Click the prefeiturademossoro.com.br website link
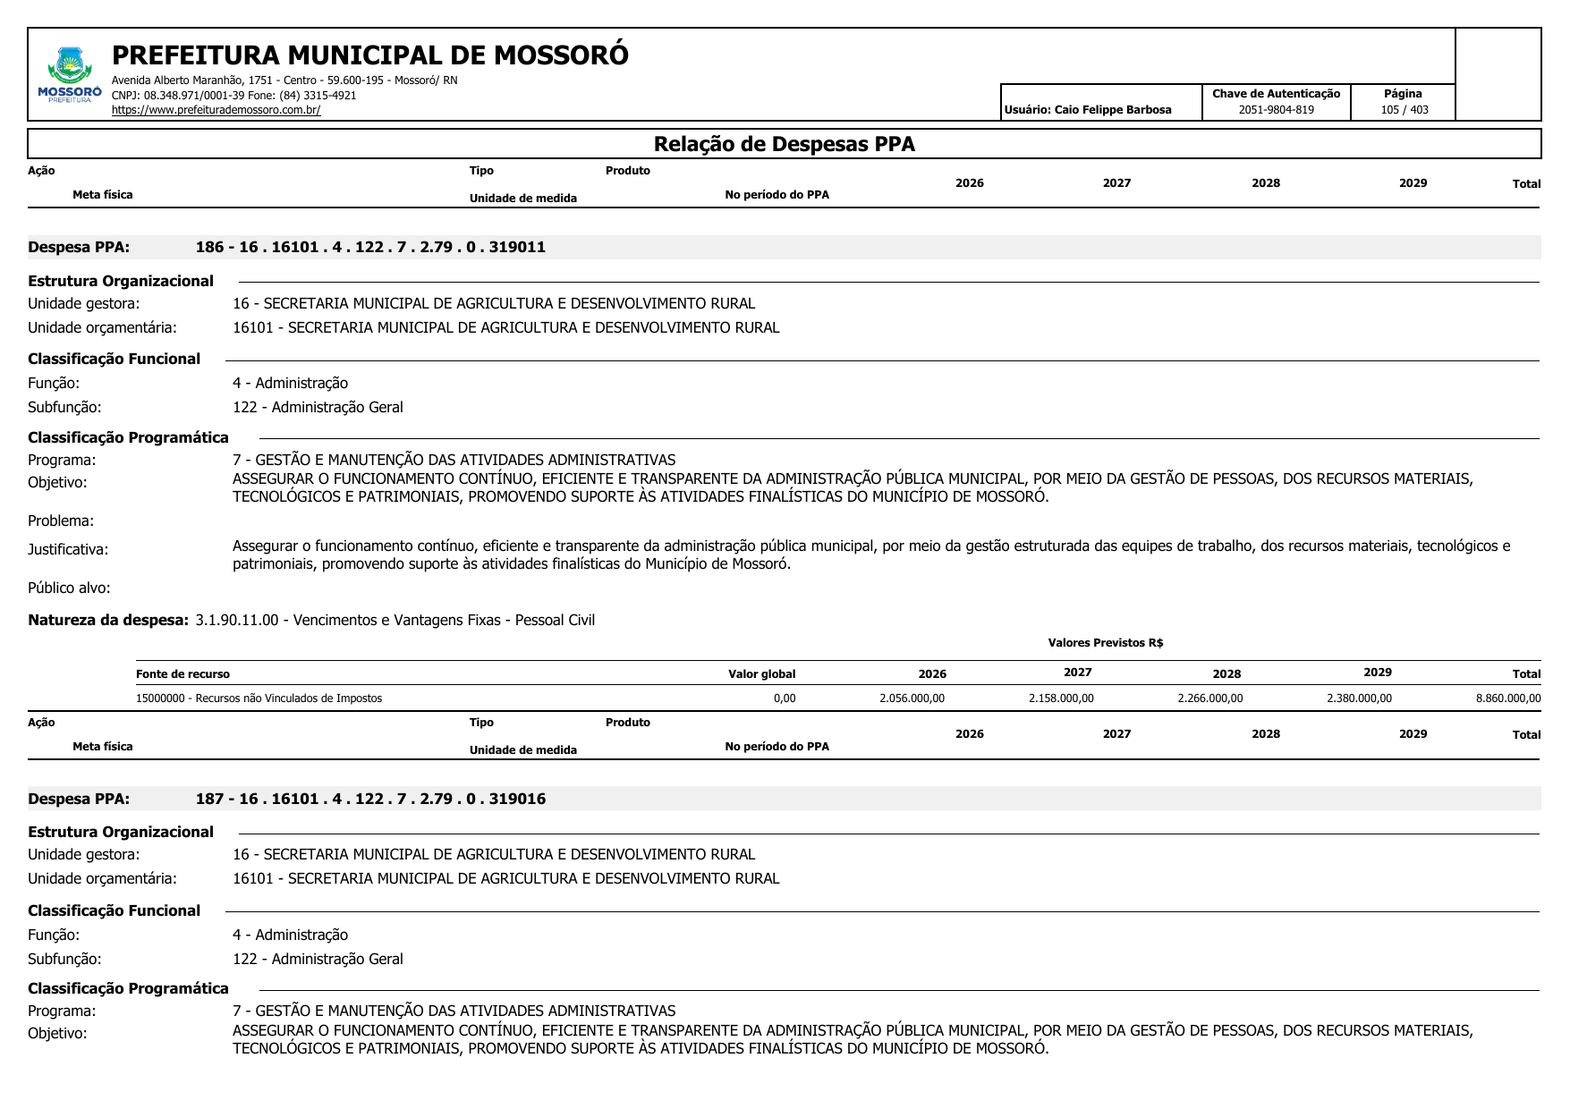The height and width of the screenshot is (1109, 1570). click(216, 110)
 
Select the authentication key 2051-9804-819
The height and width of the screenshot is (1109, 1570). click(1276, 110)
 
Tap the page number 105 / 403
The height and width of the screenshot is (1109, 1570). click(1404, 110)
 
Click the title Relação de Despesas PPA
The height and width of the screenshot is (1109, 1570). click(784, 145)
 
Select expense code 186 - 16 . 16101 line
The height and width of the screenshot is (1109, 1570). click(370, 248)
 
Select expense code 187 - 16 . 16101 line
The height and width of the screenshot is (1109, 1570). click(370, 800)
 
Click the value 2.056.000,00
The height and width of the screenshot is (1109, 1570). click(912, 698)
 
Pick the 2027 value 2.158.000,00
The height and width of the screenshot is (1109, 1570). click(1061, 698)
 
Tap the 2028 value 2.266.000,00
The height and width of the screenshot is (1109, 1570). click(1209, 698)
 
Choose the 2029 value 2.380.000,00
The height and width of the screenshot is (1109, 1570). click(1359, 698)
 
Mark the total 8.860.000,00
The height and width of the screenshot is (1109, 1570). click(1508, 698)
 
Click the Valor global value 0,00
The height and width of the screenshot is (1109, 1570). click(785, 698)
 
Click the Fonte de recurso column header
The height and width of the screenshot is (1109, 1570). click(182, 674)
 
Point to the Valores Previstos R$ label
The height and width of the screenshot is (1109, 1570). click(1105, 643)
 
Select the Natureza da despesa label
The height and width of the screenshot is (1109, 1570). click(108, 621)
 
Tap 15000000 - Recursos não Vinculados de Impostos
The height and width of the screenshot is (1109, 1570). click(259, 698)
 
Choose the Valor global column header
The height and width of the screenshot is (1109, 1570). click(761, 674)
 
